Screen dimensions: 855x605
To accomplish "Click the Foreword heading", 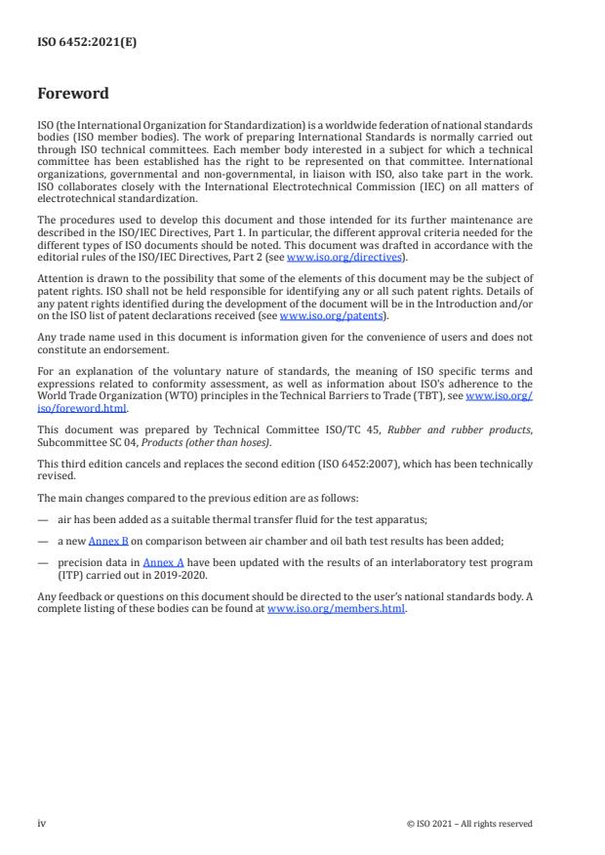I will coord(73,94).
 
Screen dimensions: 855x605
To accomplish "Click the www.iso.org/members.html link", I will coord(336,608).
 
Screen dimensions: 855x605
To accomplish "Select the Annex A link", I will coord(163,562).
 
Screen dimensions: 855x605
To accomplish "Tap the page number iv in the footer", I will coord(42,823).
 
